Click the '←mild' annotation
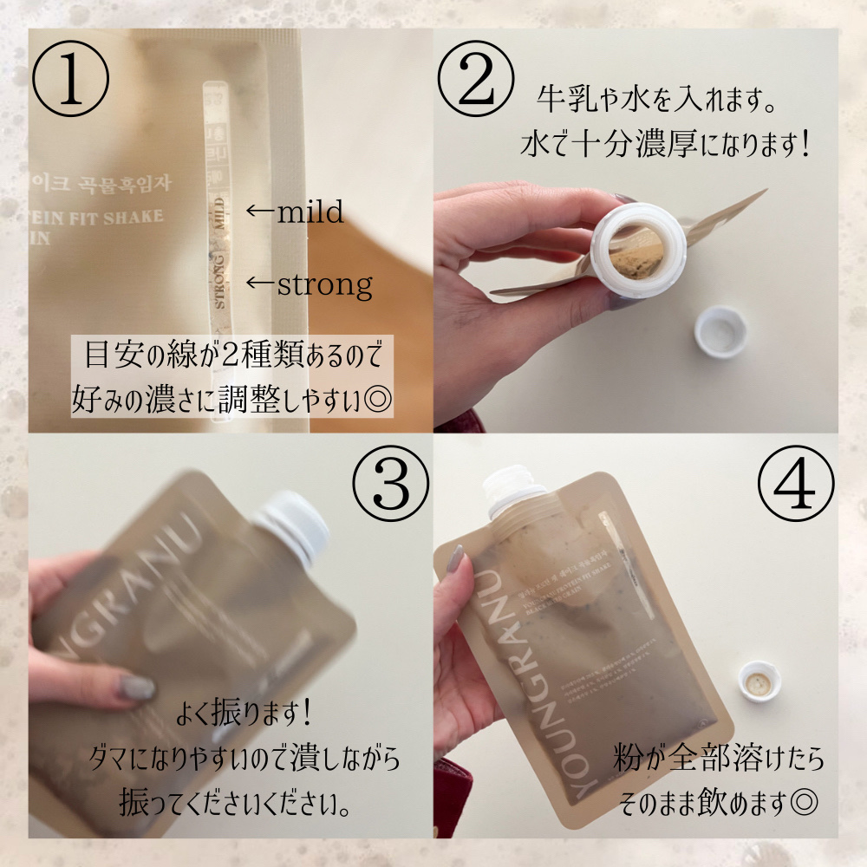(x=294, y=211)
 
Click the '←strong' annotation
(x=309, y=283)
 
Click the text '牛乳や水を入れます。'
(x=654, y=99)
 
